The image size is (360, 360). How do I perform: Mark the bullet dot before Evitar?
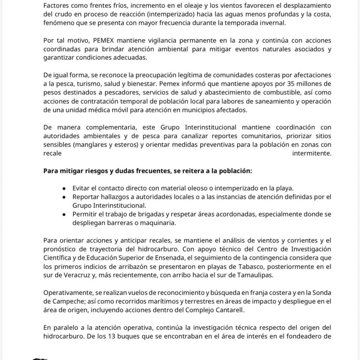(64, 188)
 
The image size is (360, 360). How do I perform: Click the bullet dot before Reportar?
(64, 197)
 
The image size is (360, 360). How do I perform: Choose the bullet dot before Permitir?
(64, 214)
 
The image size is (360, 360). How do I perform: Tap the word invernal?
(274, 24)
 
